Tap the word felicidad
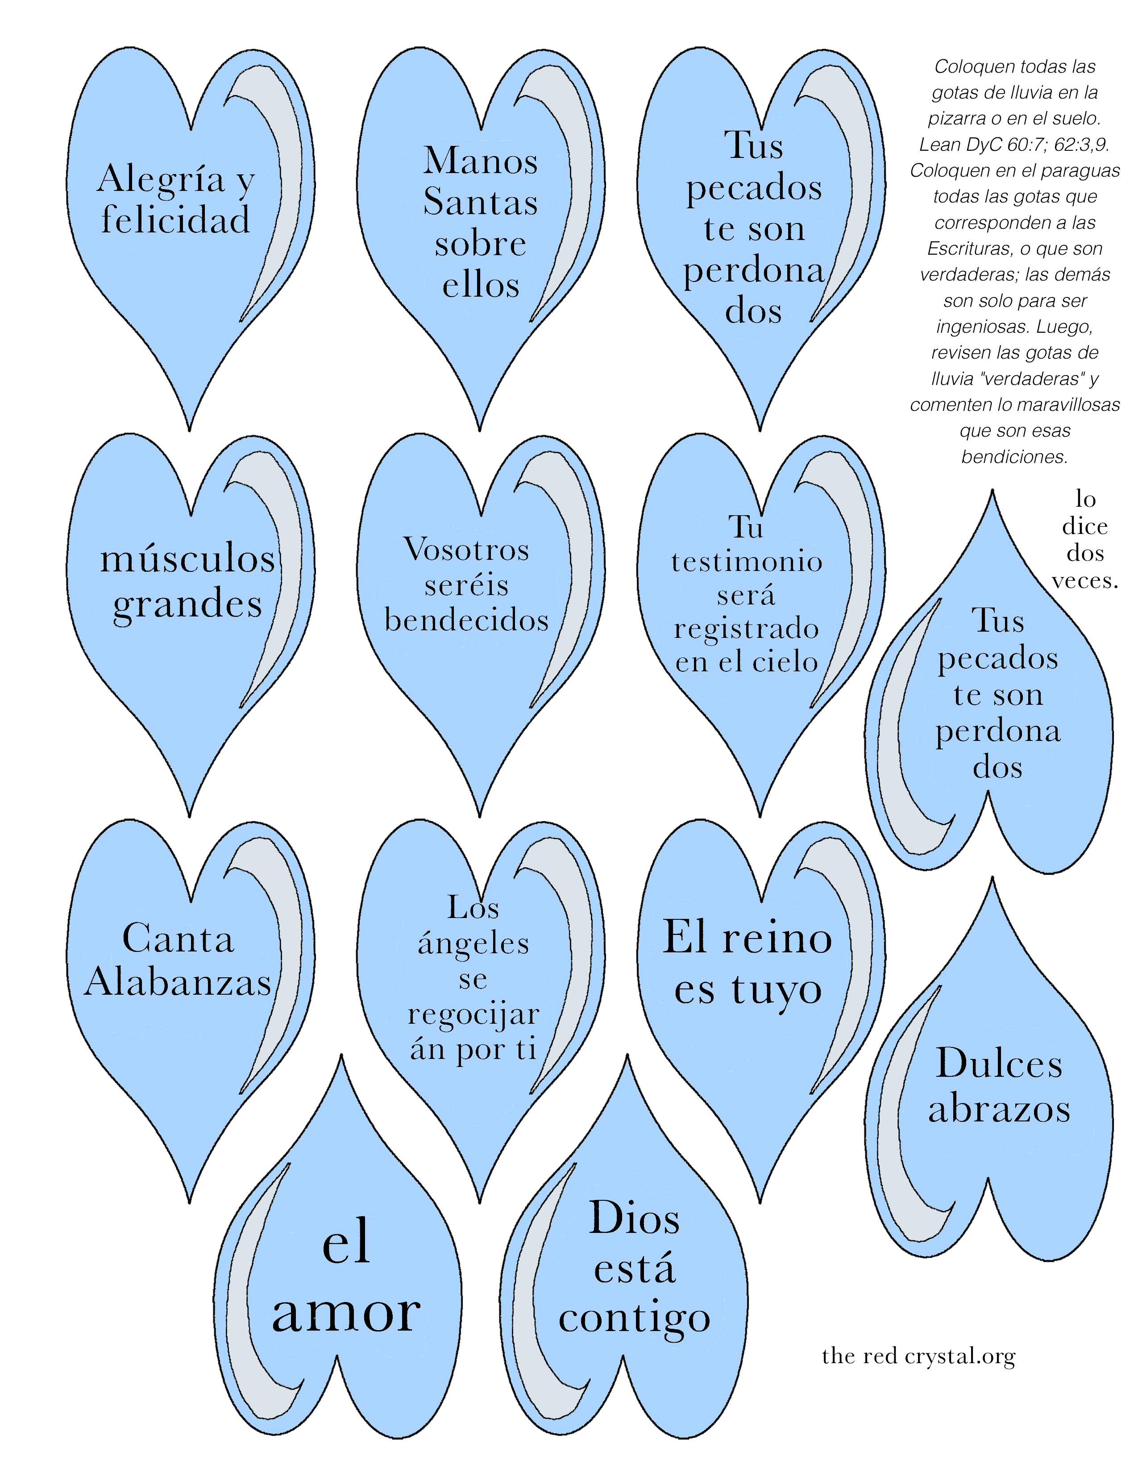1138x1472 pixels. [x=176, y=220]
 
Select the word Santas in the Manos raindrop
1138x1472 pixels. [x=480, y=202]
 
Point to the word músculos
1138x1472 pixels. [x=187, y=559]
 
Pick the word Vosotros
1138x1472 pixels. [x=466, y=549]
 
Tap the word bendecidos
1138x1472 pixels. [x=466, y=620]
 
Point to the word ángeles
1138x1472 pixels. [x=473, y=943]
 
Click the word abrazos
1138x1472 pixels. [x=999, y=1109]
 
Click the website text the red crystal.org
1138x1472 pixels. [x=918, y=1356]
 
